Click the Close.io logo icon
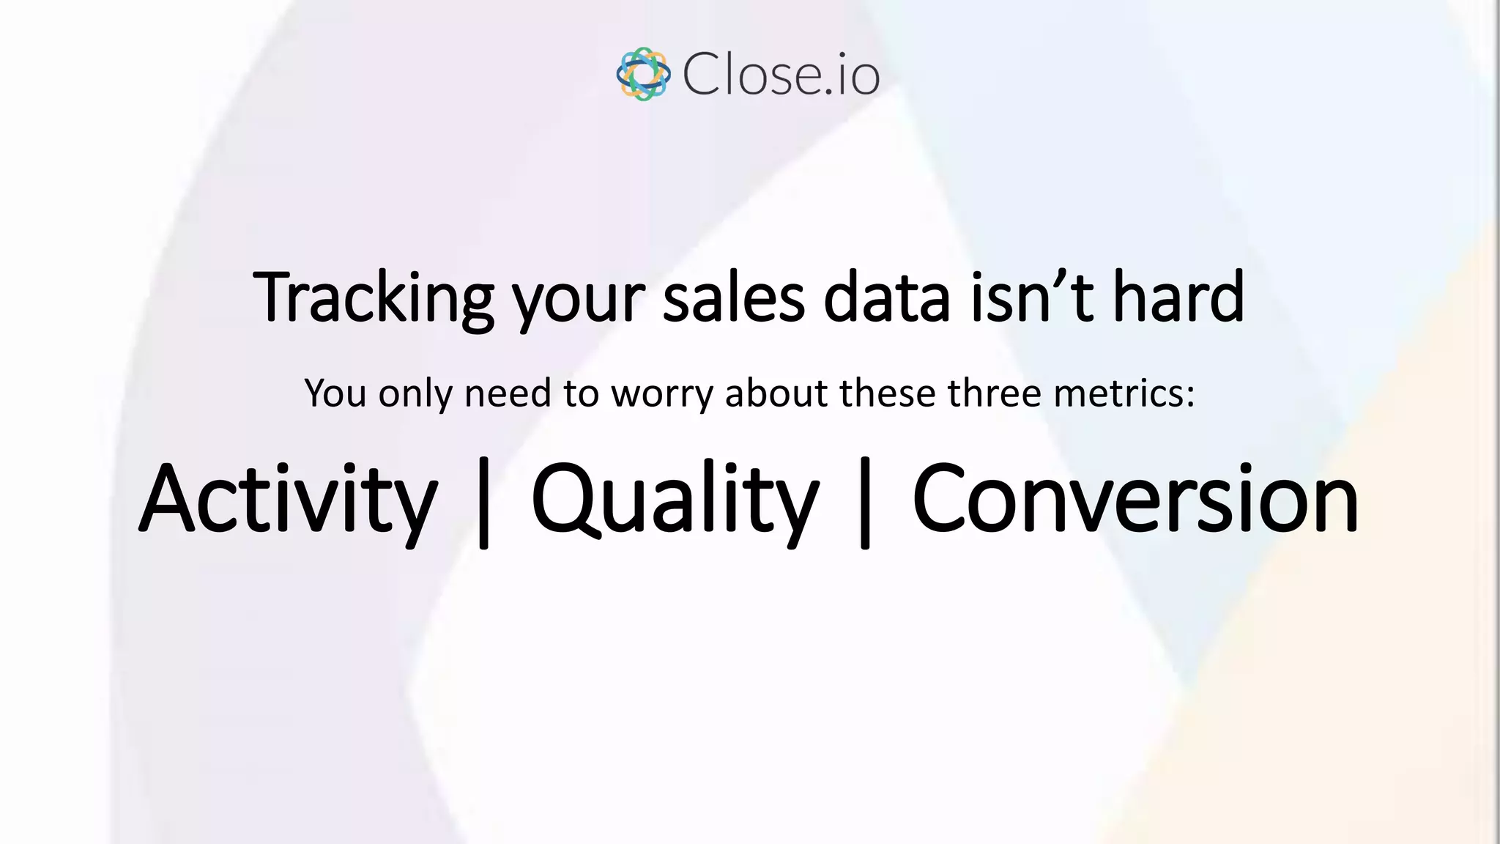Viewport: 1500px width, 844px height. coord(643,74)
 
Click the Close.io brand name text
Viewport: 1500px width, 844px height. coord(781,75)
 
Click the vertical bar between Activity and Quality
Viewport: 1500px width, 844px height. coord(483,503)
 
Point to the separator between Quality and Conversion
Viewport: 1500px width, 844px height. coord(865,503)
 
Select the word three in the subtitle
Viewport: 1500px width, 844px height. coord(994,393)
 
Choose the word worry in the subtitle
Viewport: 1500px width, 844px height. coord(662,395)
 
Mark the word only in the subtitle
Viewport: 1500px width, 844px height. coord(415,395)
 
